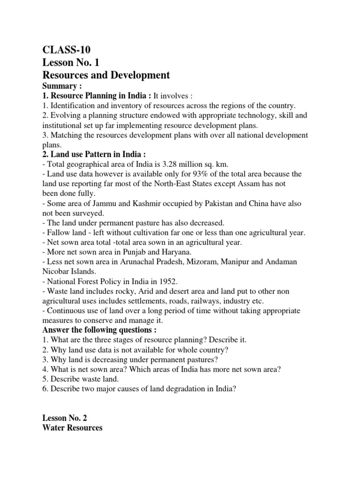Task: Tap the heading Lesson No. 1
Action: click(70, 62)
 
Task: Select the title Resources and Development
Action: click(106, 75)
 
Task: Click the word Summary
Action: click(59, 86)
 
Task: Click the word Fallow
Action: click(58, 233)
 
